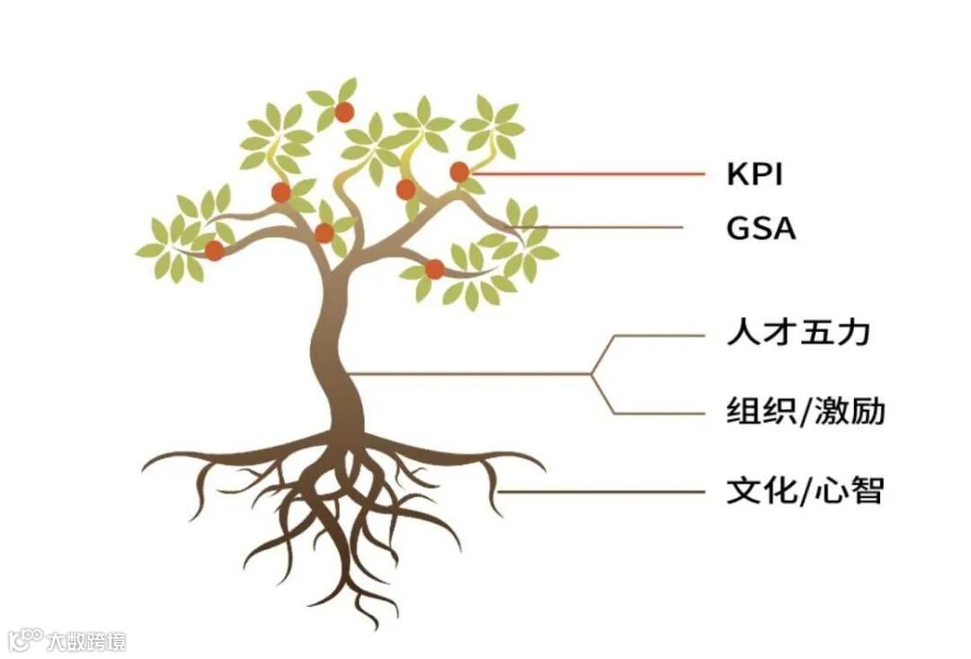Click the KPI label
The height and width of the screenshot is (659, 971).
[754, 174]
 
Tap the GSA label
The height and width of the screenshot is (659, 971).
[761, 228]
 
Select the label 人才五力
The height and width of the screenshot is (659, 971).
[798, 334]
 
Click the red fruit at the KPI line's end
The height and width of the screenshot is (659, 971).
[459, 172]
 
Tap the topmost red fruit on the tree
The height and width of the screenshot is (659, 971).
[344, 112]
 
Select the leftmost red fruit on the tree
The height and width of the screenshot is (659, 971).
[214, 251]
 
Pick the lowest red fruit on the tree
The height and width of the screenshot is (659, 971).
[434, 269]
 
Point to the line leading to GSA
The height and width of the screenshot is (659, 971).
[611, 227]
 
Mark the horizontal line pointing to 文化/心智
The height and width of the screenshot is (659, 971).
[602, 492]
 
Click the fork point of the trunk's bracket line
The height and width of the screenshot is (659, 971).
[591, 373]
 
